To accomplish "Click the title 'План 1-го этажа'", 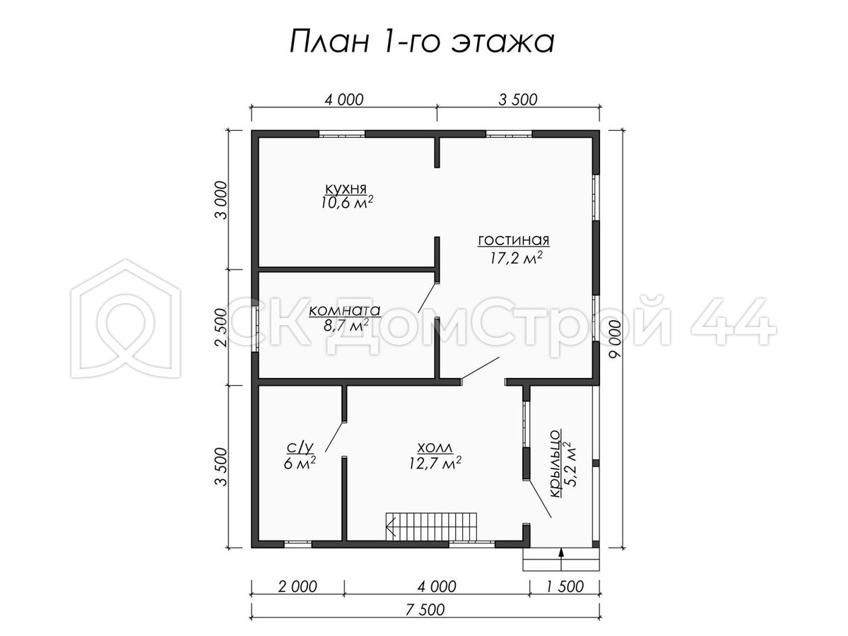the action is tap(422, 42).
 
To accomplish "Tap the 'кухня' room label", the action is tap(346, 189).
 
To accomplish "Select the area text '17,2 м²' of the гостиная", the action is tap(516, 257).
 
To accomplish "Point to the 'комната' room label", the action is tap(345, 310).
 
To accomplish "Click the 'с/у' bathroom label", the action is tap(300, 447).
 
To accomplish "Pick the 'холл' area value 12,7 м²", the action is tap(435, 463).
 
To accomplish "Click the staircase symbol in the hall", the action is tap(431, 526).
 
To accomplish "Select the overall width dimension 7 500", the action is tap(425, 610).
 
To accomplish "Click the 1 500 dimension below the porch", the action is tap(565, 587).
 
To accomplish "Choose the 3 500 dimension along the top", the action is tap(518, 100).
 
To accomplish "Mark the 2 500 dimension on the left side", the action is tap(221, 327).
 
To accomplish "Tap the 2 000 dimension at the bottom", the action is tap(298, 587).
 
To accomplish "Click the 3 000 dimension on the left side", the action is tap(223, 200).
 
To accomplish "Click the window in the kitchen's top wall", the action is tap(341, 134).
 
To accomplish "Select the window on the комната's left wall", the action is tap(255, 329).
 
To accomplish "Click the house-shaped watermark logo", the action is tap(126, 318).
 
